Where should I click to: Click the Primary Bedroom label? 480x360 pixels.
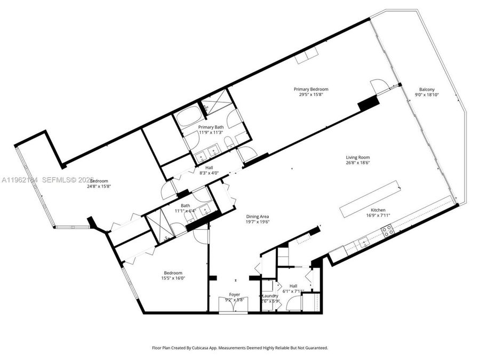[311, 89]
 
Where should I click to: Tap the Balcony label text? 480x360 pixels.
[426, 89]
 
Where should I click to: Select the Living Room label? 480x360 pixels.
[357, 157]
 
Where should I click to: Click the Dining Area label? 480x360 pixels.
[257, 217]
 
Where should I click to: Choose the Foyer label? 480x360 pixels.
[234, 294]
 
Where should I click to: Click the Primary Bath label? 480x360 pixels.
[211, 127]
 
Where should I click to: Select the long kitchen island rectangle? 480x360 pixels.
[371, 197]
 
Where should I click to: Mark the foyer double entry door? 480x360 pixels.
[234, 307]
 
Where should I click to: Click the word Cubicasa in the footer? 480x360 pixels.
[204, 348]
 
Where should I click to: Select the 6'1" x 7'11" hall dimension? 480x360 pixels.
[293, 291]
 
